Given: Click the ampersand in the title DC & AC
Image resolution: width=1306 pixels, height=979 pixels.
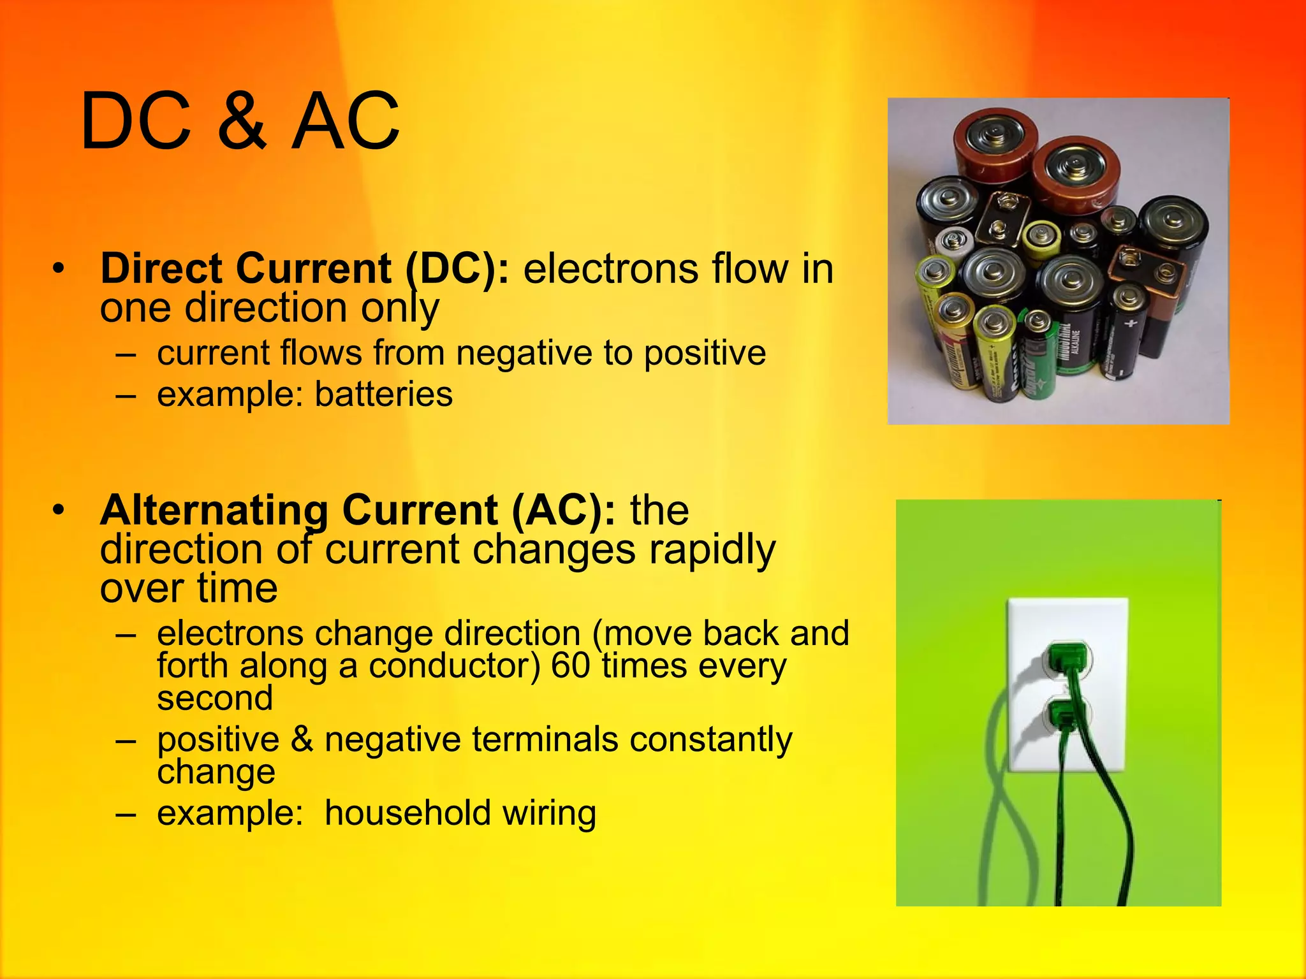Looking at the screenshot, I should point(242,121).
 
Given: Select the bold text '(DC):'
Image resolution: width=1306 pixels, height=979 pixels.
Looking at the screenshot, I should point(458,268).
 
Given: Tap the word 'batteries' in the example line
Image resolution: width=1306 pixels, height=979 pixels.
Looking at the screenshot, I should point(384,394).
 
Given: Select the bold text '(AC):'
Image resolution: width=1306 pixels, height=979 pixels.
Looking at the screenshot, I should point(564,510).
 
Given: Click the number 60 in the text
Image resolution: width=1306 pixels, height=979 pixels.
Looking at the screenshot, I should point(570,665).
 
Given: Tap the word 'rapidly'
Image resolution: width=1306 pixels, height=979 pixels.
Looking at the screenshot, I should point(712,549).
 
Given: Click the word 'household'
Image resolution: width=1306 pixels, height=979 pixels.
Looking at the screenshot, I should point(407,813).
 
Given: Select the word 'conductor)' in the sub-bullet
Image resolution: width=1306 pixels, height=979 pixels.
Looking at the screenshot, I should point(454,665).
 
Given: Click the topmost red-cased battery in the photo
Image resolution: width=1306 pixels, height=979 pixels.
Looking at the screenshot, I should point(995,143).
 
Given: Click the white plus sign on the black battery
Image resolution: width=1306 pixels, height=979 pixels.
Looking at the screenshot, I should point(1130,324).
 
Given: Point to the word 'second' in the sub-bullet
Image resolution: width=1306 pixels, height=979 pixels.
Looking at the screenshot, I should point(215,698).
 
